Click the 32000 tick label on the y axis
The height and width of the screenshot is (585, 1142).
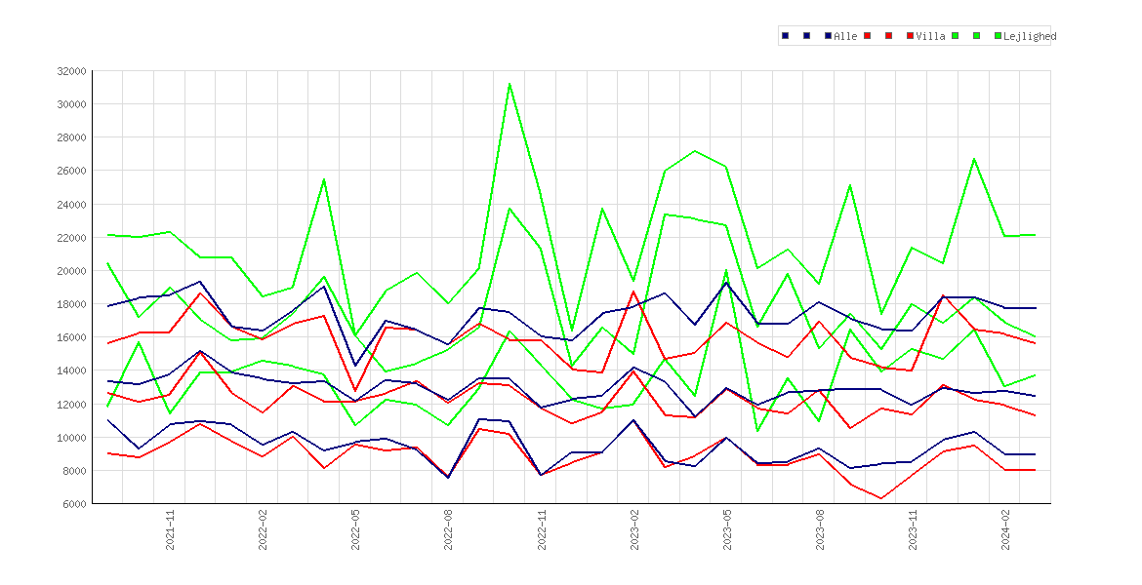(72, 71)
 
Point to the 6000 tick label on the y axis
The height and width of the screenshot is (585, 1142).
(75, 504)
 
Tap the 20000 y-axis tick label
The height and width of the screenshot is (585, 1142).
(72, 271)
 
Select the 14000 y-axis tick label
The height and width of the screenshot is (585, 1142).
(72, 371)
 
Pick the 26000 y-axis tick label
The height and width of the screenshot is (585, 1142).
(72, 171)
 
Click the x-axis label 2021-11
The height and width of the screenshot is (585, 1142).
(171, 529)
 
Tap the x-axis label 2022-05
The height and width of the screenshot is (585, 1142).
(356, 529)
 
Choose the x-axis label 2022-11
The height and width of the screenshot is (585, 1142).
(542, 529)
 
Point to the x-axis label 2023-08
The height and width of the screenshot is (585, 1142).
(821, 529)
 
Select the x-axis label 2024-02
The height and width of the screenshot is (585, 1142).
(1006, 529)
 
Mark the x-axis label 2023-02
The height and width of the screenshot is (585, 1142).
(635, 529)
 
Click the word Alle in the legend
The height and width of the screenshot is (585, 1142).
(845, 36)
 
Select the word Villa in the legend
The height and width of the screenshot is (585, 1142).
(931, 36)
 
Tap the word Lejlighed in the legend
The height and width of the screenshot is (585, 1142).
(1030, 36)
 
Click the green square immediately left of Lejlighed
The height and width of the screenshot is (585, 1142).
(999, 36)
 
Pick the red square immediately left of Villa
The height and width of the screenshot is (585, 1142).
(911, 36)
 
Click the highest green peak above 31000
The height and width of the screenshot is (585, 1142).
(510, 84)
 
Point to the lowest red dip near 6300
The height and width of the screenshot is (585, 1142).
(881, 498)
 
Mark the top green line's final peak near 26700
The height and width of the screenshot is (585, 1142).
(974, 159)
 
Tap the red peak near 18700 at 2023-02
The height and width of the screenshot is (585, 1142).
(633, 292)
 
